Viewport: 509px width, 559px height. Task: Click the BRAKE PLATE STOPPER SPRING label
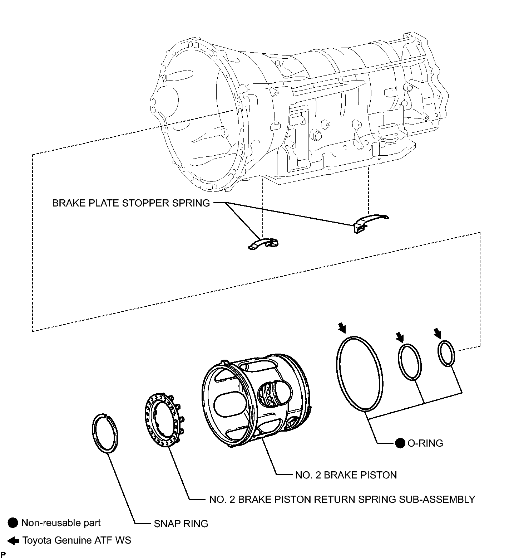131,203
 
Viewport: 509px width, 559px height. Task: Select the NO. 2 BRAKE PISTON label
346,475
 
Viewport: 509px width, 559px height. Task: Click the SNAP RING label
181,524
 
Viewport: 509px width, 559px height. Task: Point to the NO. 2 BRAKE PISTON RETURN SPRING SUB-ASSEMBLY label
342,499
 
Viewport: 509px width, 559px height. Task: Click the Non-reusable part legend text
61,523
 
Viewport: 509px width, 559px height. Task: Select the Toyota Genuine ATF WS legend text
77,540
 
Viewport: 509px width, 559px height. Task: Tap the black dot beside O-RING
400,443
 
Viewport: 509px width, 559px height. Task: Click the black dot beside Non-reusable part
13,523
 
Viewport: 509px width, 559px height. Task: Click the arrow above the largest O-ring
342,327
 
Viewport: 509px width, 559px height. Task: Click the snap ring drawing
93,433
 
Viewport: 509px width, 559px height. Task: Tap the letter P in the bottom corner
3,555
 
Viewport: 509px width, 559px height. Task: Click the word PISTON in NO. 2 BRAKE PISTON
379,475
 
